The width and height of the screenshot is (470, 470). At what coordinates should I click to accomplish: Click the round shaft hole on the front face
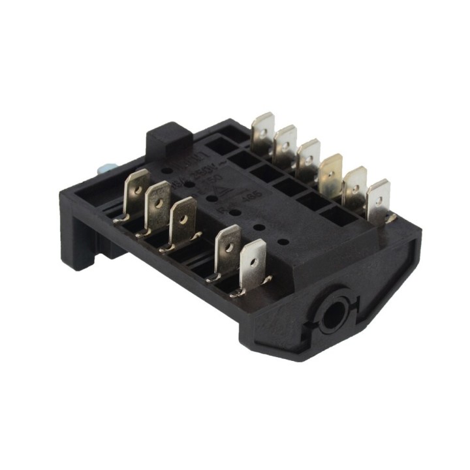[335, 309]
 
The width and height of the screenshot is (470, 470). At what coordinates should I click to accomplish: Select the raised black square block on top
[168, 140]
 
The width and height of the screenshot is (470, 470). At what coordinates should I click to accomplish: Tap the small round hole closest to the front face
[283, 241]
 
